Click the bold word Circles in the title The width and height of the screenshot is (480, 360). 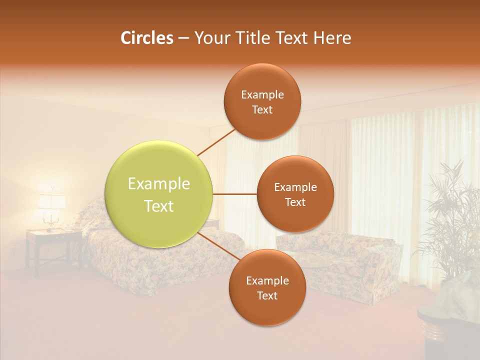146,38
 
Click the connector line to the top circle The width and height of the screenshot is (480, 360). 216,142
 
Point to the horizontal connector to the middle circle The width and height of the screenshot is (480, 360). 235,194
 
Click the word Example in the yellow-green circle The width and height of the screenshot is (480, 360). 159,184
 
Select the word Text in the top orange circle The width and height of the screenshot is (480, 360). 262,110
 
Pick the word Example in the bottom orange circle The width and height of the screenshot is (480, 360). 267,280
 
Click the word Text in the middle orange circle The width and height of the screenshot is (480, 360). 295,202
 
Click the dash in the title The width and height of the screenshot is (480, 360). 183,38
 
